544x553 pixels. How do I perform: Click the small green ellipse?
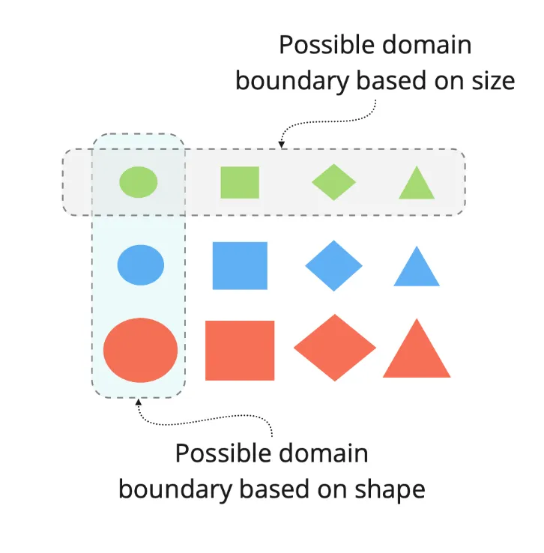pyautogui.click(x=139, y=182)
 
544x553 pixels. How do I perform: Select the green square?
pyautogui.click(x=240, y=183)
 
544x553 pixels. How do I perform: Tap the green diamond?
pyautogui.click(x=333, y=182)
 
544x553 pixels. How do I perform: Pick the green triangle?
pyautogui.click(x=417, y=185)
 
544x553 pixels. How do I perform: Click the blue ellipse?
pyautogui.click(x=140, y=265)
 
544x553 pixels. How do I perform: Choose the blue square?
pyautogui.click(x=240, y=265)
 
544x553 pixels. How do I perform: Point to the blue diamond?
pyautogui.click(x=333, y=265)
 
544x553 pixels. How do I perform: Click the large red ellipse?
pyautogui.click(x=140, y=350)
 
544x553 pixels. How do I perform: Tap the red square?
pyautogui.click(x=240, y=350)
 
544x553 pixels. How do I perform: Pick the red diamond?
pyautogui.click(x=334, y=348)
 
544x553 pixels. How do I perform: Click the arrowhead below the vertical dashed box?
pyautogui.click(x=138, y=404)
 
